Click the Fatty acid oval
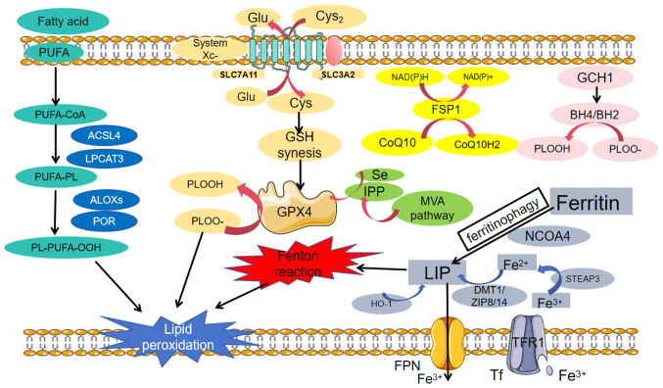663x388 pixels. click(x=63, y=22)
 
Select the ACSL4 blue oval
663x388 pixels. click(x=104, y=136)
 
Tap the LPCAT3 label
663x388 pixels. click(x=105, y=159)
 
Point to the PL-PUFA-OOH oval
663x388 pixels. click(x=67, y=247)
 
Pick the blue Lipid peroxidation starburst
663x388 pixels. click(x=178, y=337)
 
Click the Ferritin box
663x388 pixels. click(x=592, y=202)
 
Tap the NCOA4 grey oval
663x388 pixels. click(x=548, y=236)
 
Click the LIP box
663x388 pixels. click(x=437, y=272)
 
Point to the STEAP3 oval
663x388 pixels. click(x=583, y=279)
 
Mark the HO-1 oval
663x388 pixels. click(x=381, y=304)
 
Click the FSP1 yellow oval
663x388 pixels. click(x=446, y=110)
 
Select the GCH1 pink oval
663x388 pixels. click(x=594, y=77)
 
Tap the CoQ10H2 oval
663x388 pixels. click(x=477, y=145)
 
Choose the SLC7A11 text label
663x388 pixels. click(x=239, y=74)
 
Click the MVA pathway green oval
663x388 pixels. click(x=432, y=208)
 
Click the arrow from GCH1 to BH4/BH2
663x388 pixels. click(x=596, y=95)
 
